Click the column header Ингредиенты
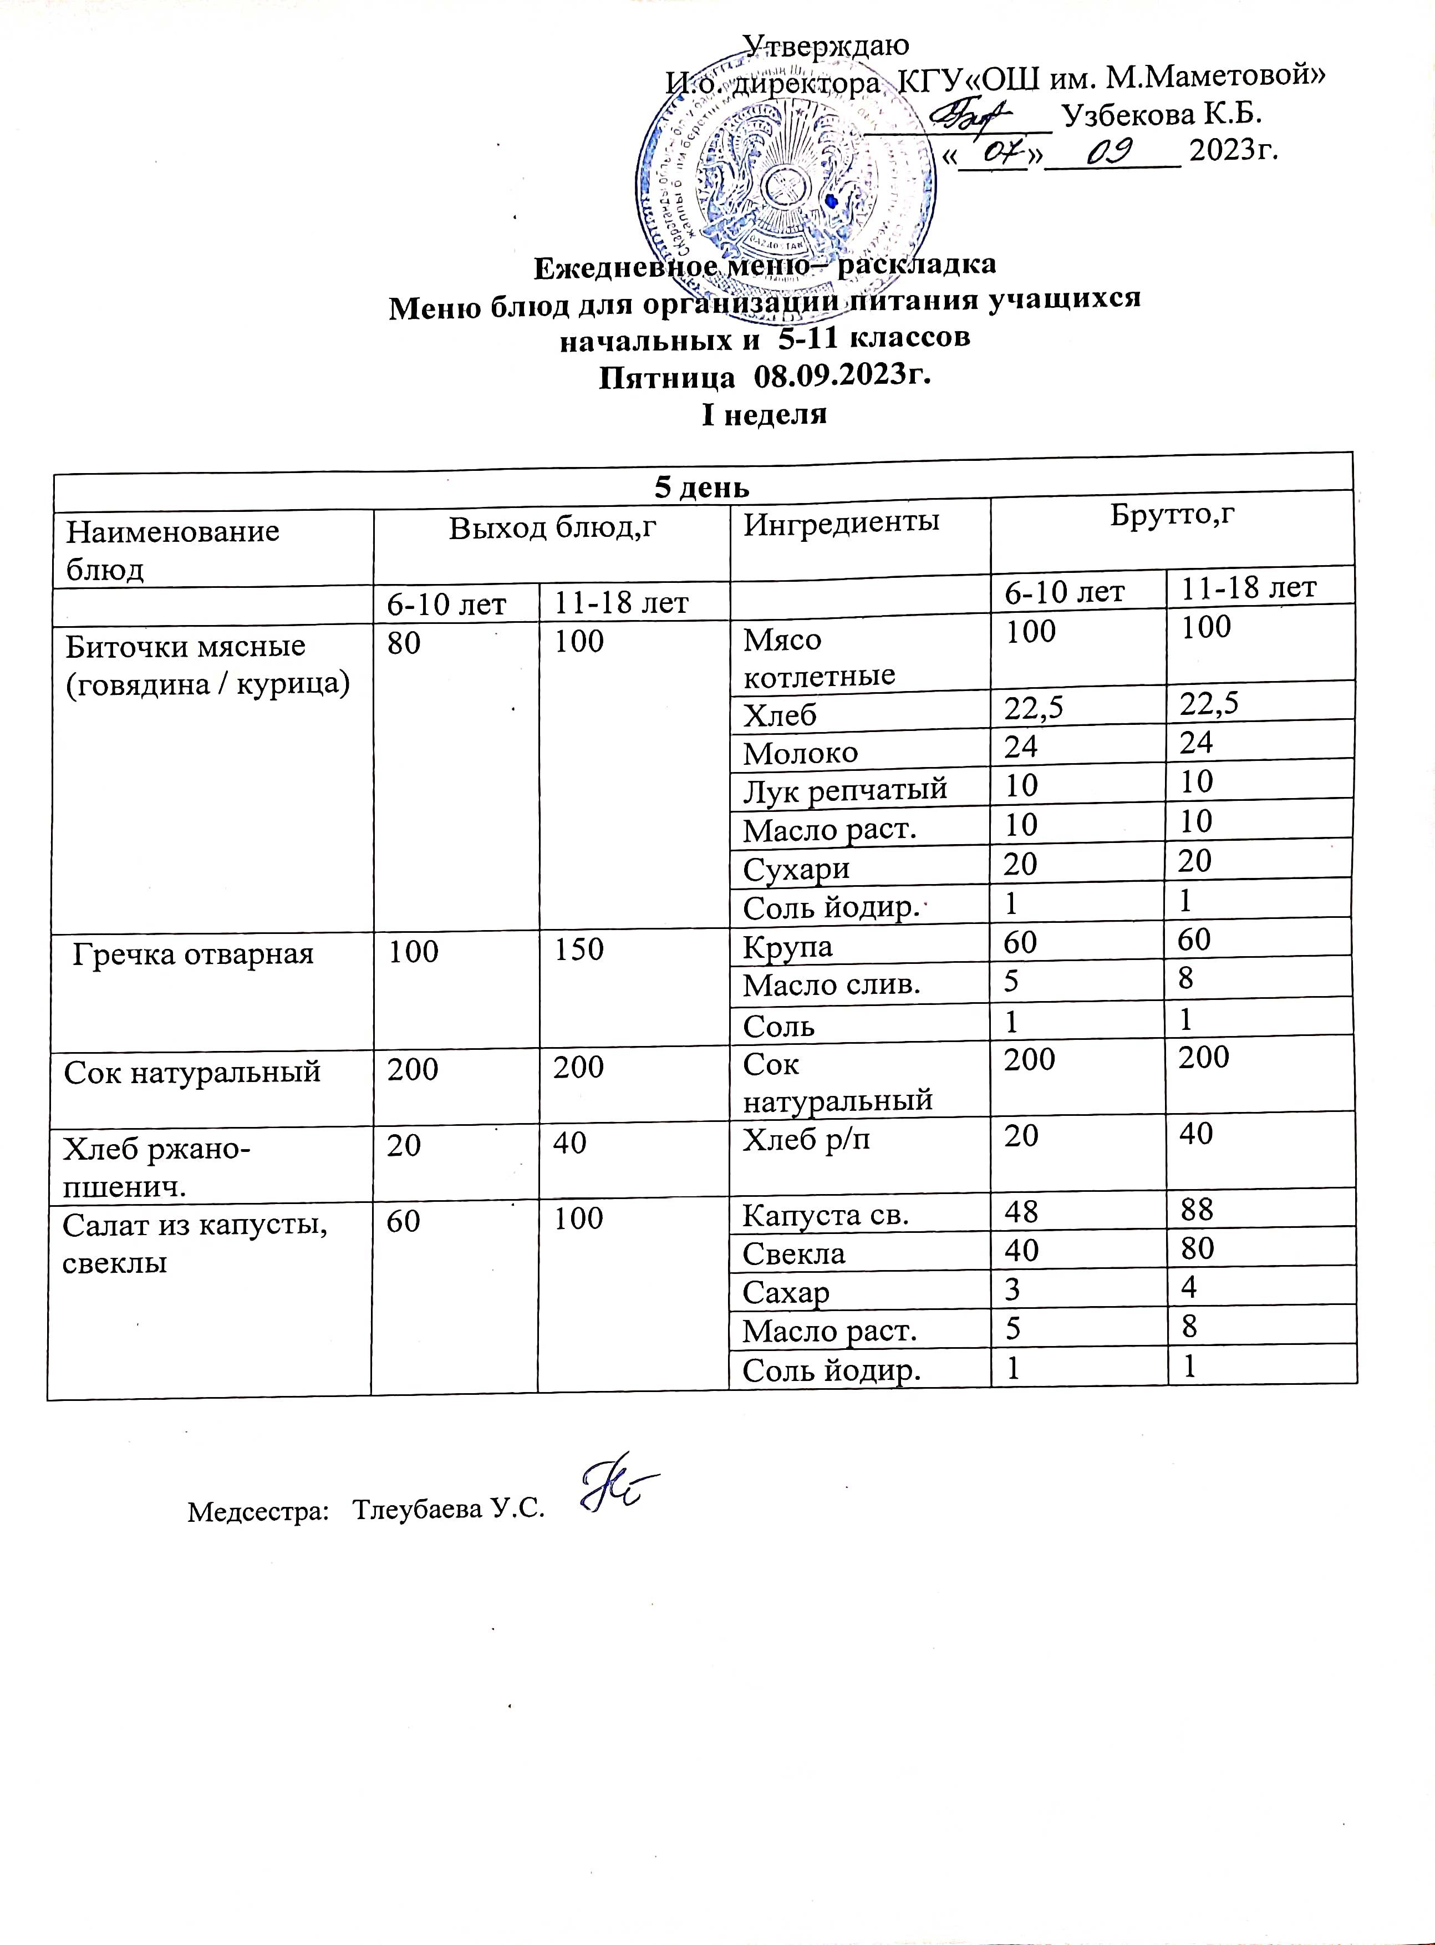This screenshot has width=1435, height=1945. coord(841,521)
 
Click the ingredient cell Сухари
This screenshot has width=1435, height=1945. coord(797,869)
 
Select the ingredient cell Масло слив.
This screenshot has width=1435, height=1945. coord(831,985)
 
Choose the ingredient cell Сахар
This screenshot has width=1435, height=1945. coord(785,1293)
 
